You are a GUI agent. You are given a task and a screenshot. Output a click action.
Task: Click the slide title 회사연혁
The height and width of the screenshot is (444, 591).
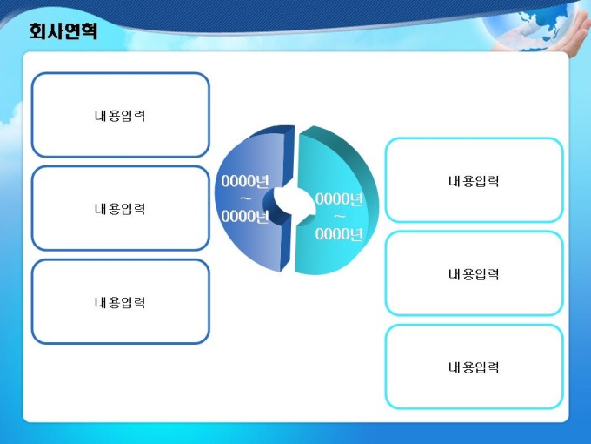(x=63, y=31)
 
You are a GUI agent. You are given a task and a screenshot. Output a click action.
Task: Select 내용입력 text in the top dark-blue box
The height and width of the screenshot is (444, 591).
(x=120, y=116)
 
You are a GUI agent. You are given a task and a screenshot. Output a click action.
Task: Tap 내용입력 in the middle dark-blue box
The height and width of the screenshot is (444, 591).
(x=120, y=209)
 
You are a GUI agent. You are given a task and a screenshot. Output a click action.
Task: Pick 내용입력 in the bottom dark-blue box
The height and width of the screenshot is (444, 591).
(x=120, y=302)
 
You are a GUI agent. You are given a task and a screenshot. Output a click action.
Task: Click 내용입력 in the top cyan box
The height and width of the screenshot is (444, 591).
(x=474, y=181)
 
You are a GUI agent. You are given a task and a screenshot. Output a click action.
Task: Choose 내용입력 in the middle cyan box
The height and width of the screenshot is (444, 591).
(x=474, y=274)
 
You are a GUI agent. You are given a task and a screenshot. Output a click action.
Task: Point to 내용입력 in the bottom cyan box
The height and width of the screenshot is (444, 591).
(x=474, y=367)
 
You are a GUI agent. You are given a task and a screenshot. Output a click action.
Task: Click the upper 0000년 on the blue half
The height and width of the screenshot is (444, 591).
(x=245, y=181)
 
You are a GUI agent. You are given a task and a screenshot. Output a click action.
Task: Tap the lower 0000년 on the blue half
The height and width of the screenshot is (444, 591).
(x=245, y=216)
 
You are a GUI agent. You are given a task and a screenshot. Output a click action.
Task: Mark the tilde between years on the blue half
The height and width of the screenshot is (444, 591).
(x=246, y=199)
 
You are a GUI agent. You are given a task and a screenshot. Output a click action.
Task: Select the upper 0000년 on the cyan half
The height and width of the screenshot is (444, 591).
(x=339, y=199)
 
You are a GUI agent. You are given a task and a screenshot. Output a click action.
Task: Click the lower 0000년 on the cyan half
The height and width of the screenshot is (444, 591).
(x=339, y=234)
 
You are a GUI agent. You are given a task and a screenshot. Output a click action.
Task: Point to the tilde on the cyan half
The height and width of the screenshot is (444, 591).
(x=340, y=217)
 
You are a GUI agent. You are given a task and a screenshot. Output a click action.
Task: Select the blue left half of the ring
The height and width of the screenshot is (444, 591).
(x=253, y=200)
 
